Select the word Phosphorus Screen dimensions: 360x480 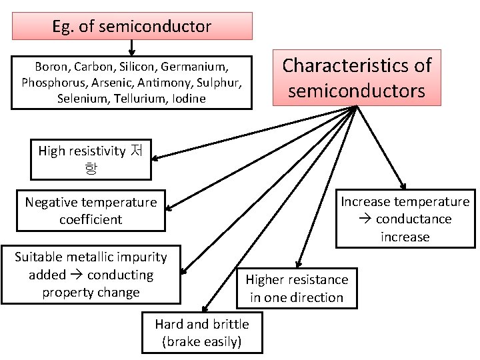pyautogui.click(x=49, y=83)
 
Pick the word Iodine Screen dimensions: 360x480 pyautogui.click(x=188, y=98)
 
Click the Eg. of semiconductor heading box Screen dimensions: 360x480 pyautogui.click(x=132, y=27)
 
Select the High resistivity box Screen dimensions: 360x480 pyautogui.click(x=91, y=159)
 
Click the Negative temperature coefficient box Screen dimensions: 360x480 pyautogui.click(x=91, y=211)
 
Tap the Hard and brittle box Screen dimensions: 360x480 pyautogui.click(x=202, y=333)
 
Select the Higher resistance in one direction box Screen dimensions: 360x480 pyautogui.click(x=297, y=289)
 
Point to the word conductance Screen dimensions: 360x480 pyautogui.click(x=413, y=219)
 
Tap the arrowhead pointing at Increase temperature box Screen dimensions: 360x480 pyautogui.click(x=403, y=185)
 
